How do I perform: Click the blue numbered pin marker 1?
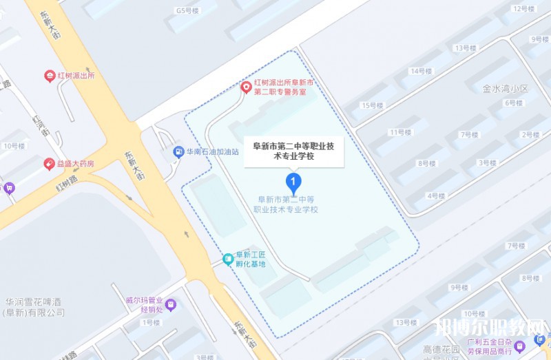294,183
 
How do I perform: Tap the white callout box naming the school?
294,151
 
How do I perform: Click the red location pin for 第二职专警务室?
246,87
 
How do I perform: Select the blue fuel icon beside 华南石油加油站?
178,151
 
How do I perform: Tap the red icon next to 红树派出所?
50,76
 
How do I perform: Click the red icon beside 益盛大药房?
50,164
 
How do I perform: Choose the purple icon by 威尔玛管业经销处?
171,304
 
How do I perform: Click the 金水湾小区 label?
505,89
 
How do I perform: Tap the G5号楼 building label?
187,10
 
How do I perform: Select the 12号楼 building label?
524,8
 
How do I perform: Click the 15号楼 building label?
372,105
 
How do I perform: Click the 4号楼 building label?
436,195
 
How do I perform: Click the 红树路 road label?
69,184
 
